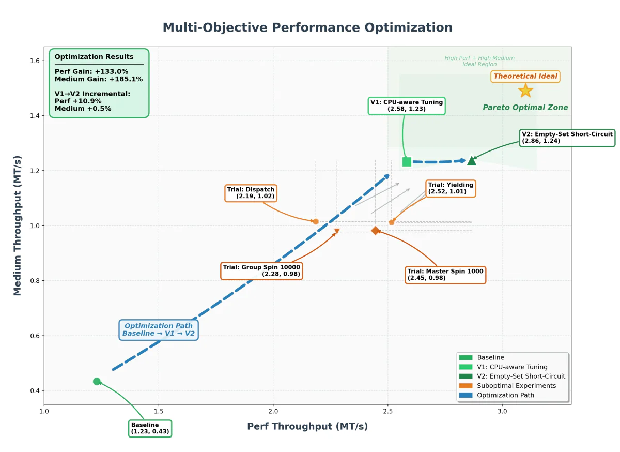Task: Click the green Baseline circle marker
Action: (x=97, y=381)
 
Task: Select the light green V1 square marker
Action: (x=407, y=162)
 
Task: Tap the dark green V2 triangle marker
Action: (x=471, y=161)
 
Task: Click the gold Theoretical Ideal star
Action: (x=525, y=91)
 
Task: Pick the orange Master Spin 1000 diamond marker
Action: (x=376, y=231)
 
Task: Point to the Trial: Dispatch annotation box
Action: (x=251, y=193)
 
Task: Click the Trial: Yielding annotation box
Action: (x=450, y=188)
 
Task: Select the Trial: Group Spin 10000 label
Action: (x=261, y=270)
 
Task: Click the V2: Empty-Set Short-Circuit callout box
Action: (x=567, y=137)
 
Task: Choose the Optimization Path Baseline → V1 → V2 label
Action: (x=159, y=329)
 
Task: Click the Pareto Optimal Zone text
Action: (x=525, y=108)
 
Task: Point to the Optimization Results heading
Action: (x=94, y=57)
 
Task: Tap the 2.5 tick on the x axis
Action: (x=388, y=412)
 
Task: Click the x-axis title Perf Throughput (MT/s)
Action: (x=307, y=427)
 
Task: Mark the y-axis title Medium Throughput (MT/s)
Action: (x=18, y=225)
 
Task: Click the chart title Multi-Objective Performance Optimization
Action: (x=307, y=27)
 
